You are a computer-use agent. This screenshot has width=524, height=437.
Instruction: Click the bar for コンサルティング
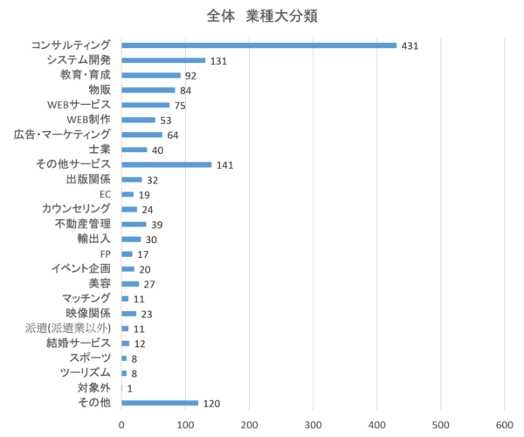(259, 45)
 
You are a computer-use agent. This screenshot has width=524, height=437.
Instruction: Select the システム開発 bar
(163, 60)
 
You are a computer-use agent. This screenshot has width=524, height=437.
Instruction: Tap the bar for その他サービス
(167, 164)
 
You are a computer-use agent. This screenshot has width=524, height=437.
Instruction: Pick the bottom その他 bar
(160, 403)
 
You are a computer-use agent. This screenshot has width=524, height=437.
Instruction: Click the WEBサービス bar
(146, 105)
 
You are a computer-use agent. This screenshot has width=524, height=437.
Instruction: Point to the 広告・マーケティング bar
(142, 135)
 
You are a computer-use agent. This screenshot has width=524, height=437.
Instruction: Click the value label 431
(410, 45)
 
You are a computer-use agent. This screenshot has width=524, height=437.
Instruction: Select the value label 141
(225, 165)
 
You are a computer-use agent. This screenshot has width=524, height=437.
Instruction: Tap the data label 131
(218, 61)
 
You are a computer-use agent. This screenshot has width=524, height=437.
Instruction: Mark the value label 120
(211, 404)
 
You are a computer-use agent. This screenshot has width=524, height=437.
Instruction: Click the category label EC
(105, 193)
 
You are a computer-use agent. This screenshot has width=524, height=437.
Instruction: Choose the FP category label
(106, 253)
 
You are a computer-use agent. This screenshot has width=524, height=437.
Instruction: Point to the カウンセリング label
(76, 208)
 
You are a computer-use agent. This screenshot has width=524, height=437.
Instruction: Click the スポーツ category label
(91, 357)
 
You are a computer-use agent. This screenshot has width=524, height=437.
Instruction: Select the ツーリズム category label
(85, 372)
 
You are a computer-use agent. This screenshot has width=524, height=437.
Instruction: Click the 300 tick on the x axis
(314, 424)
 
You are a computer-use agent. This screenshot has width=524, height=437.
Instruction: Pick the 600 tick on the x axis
(505, 424)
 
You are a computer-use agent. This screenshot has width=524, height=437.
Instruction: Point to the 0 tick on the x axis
(121, 424)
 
